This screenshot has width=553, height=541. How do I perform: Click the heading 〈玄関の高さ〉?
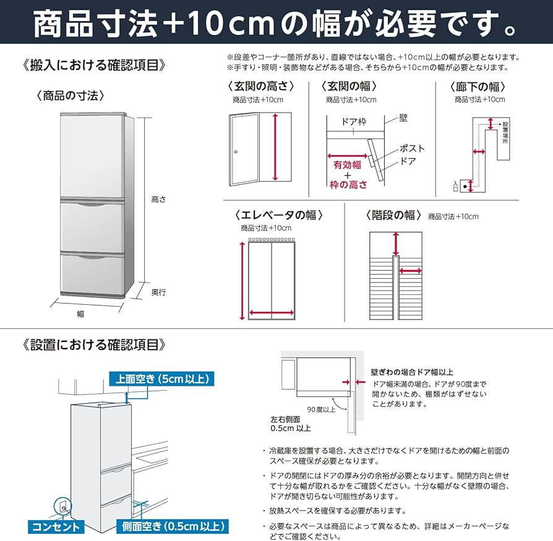260,87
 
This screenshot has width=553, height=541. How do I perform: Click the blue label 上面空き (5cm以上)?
162,379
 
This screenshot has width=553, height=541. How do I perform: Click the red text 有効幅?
346,165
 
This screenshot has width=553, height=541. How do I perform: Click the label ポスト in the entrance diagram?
412,148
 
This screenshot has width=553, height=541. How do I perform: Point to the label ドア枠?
354,122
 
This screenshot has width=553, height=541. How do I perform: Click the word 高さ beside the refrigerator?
159,200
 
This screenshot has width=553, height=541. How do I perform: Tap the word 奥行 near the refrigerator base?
159,292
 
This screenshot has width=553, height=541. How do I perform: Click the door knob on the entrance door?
236,153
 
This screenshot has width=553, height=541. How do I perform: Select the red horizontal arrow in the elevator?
272,312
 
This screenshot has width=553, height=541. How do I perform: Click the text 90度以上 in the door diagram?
321,409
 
